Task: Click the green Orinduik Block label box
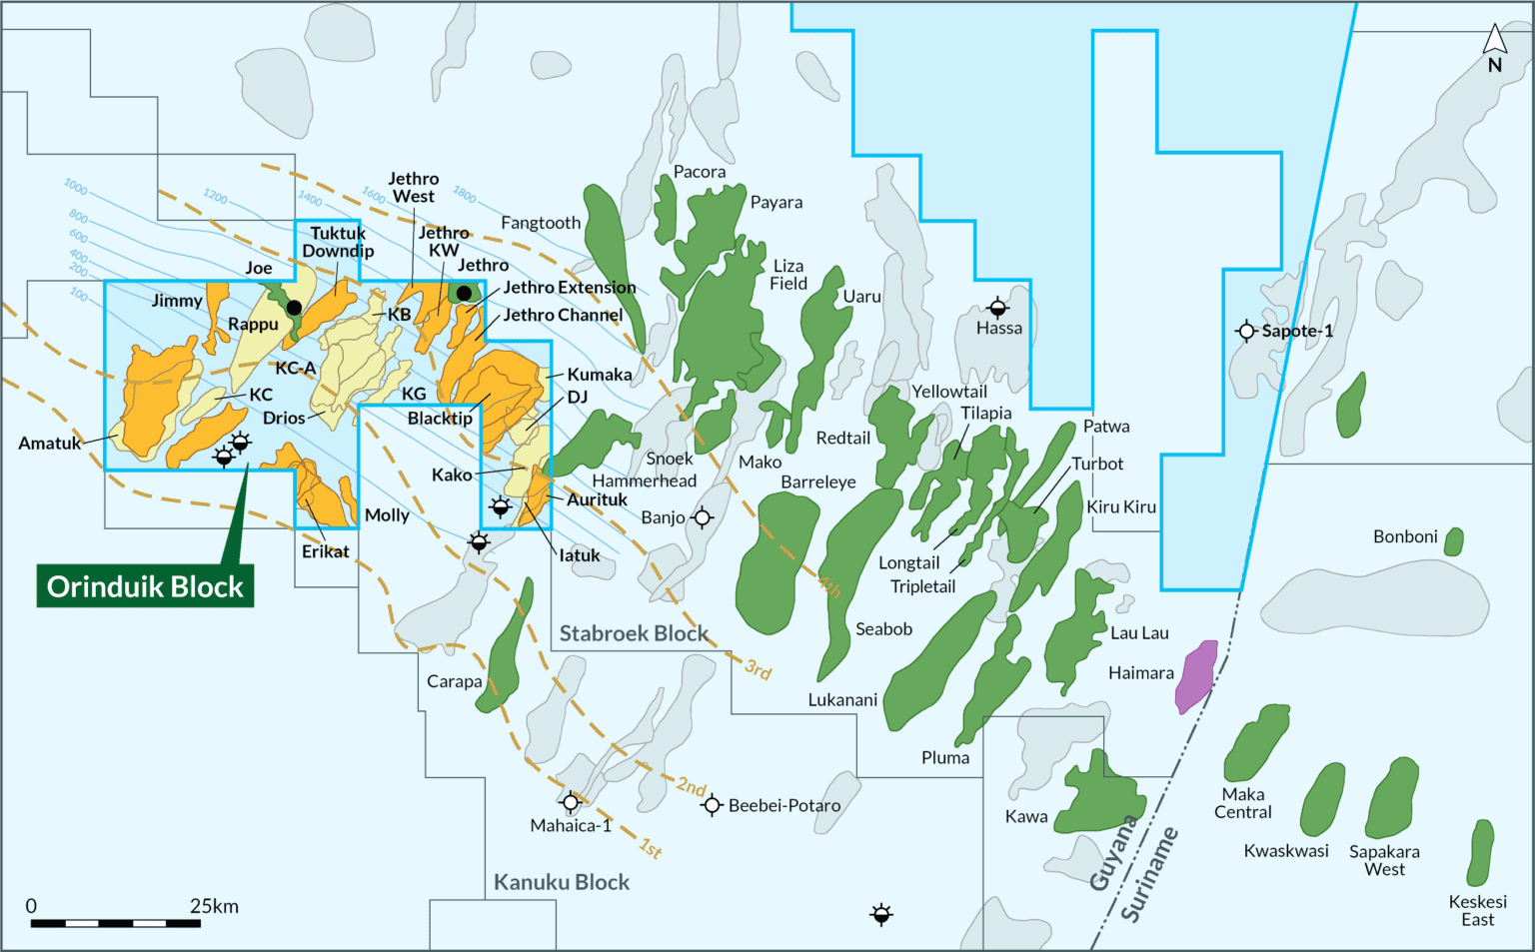145,586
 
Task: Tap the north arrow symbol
1494,41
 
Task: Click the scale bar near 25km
115,923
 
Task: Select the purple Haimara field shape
1196,676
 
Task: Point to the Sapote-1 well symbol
1245,331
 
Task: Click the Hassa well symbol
997,308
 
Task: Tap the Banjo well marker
703,517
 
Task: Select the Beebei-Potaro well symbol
712,805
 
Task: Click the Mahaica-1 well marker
571,802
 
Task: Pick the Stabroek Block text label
634,633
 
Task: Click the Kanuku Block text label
562,882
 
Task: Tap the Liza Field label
788,275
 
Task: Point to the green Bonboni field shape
1454,541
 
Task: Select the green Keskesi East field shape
1481,852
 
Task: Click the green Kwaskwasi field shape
1322,800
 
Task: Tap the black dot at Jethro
464,293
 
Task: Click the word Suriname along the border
1150,874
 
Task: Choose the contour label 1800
464,194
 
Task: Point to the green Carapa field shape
504,659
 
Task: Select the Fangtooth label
541,223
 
